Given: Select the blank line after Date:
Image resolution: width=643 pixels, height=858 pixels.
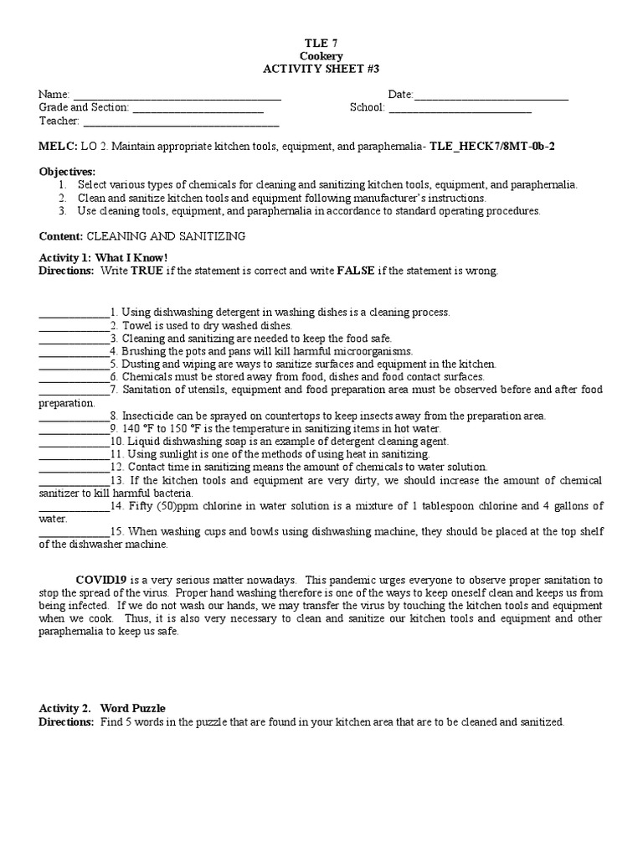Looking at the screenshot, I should (x=491, y=96).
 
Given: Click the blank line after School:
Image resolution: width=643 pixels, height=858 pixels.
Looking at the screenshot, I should (x=460, y=108).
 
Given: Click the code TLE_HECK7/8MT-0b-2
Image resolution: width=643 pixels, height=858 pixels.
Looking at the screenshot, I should (x=492, y=146).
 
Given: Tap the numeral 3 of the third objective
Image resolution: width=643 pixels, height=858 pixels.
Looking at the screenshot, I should (x=62, y=211).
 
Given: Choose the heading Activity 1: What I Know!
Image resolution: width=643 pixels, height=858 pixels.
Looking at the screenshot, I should (x=103, y=258).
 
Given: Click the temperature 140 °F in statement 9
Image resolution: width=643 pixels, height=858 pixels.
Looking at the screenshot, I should (x=139, y=428).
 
